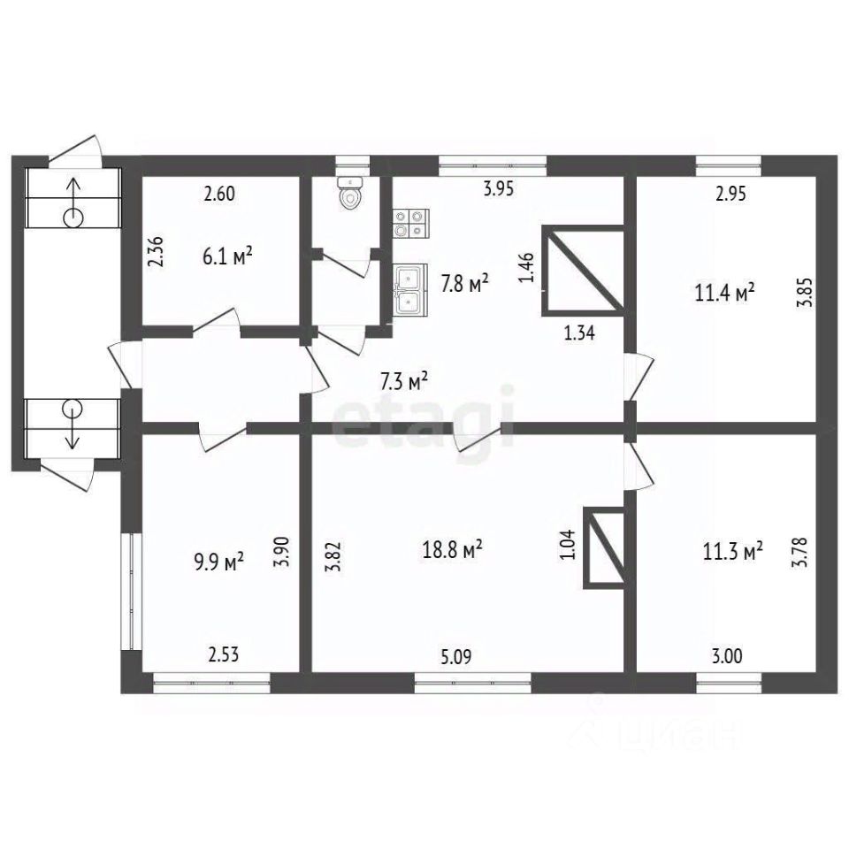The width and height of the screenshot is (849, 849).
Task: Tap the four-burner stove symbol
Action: pos(411,224)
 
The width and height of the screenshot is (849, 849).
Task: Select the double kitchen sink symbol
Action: pos(410,289)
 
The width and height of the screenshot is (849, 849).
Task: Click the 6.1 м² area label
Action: pos(227,256)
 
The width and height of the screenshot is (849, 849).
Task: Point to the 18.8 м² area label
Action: pos(452,550)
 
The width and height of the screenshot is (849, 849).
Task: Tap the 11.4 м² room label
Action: pos(724,293)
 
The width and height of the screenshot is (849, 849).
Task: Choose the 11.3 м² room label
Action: pos(732,552)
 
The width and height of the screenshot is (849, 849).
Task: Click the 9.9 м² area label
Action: pos(218,562)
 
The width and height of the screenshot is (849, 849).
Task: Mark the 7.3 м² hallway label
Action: pos(404,382)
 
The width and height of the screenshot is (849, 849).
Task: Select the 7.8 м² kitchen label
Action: pos(465,283)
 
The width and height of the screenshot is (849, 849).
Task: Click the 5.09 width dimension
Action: pos(456,657)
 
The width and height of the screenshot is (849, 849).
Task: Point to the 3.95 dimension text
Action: pos(499,189)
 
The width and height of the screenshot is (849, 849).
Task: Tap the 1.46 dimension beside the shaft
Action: pos(528,267)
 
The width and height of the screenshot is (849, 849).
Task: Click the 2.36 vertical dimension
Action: pos(156,251)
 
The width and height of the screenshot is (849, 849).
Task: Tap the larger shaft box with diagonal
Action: pos(584,271)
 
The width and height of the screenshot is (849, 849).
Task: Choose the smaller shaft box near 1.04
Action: pos(604,547)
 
